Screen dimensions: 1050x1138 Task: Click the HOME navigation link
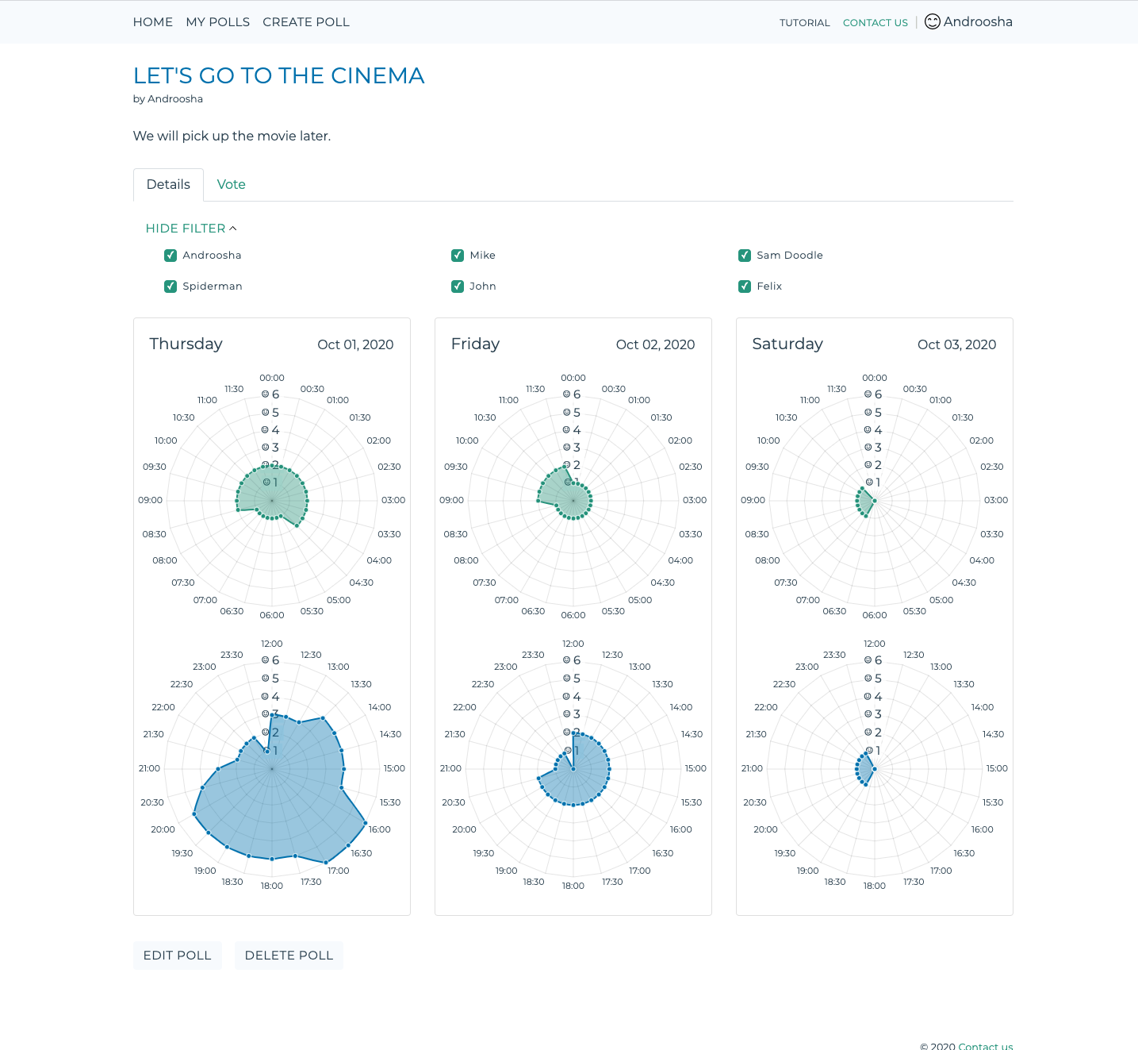click(x=153, y=22)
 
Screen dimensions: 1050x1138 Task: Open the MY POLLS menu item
click(x=217, y=22)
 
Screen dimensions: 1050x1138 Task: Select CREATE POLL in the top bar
click(x=306, y=22)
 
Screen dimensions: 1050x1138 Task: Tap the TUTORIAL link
click(x=804, y=23)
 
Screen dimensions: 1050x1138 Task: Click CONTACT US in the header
click(x=875, y=23)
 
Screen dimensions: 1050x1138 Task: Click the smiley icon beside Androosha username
click(x=933, y=22)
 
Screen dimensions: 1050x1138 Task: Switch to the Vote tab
click(x=231, y=185)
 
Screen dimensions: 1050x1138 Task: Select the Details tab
click(x=168, y=185)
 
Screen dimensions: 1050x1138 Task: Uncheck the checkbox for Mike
click(x=458, y=256)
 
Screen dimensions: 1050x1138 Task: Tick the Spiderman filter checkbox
click(x=171, y=287)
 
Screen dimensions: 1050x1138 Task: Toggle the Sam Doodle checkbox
click(x=745, y=256)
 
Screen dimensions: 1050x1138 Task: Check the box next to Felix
click(x=745, y=287)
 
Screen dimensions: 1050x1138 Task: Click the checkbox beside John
click(x=458, y=287)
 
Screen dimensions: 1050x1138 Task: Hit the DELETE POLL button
click(x=289, y=956)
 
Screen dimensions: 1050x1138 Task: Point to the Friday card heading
click(x=475, y=344)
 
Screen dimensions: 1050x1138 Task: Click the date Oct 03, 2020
click(x=956, y=344)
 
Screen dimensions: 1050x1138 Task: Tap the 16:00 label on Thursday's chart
click(x=379, y=829)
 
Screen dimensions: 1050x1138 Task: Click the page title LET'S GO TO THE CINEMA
click(x=278, y=75)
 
